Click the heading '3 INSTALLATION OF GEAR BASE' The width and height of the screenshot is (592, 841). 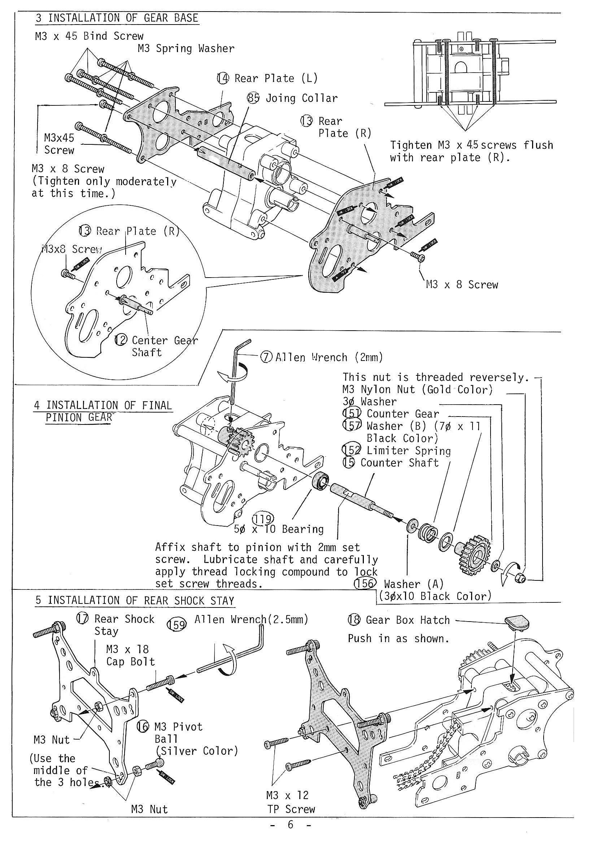pos(117,18)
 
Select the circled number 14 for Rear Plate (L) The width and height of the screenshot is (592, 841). pos(223,78)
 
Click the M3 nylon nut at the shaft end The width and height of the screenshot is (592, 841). pos(521,579)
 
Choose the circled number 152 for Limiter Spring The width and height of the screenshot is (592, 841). pos(351,450)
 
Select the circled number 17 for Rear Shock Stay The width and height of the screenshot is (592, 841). pos(82,619)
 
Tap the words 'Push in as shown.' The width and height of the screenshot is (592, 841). pos(398,639)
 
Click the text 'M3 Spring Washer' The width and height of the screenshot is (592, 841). pos(186,49)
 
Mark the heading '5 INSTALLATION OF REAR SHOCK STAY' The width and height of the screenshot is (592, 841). pos(135,601)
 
